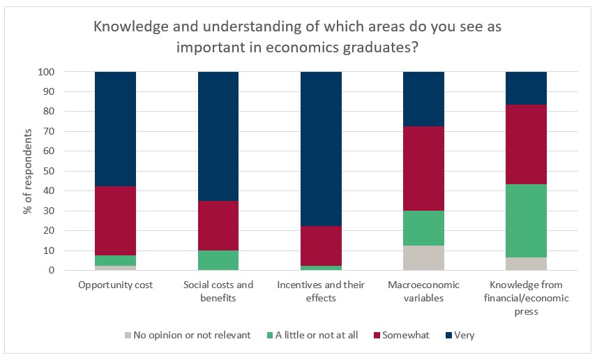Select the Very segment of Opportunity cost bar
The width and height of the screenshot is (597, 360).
[x=115, y=129]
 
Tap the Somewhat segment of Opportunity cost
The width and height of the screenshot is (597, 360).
[x=115, y=220]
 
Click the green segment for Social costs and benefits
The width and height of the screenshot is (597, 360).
[x=218, y=260]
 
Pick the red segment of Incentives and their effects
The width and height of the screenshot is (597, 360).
[x=321, y=246]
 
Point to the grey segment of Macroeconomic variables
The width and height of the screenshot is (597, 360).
[x=423, y=257]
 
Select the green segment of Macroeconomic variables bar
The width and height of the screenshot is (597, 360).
[x=423, y=228]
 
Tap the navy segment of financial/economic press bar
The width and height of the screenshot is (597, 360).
[x=526, y=88]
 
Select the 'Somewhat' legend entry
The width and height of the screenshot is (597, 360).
[x=399, y=335]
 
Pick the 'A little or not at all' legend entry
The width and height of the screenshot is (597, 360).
[x=313, y=335]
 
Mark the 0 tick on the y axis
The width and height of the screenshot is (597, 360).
[x=61, y=271]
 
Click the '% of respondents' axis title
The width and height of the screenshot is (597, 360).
[x=29, y=171]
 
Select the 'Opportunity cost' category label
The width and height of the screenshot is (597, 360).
[x=115, y=285]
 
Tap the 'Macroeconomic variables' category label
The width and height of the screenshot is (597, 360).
[x=423, y=291]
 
